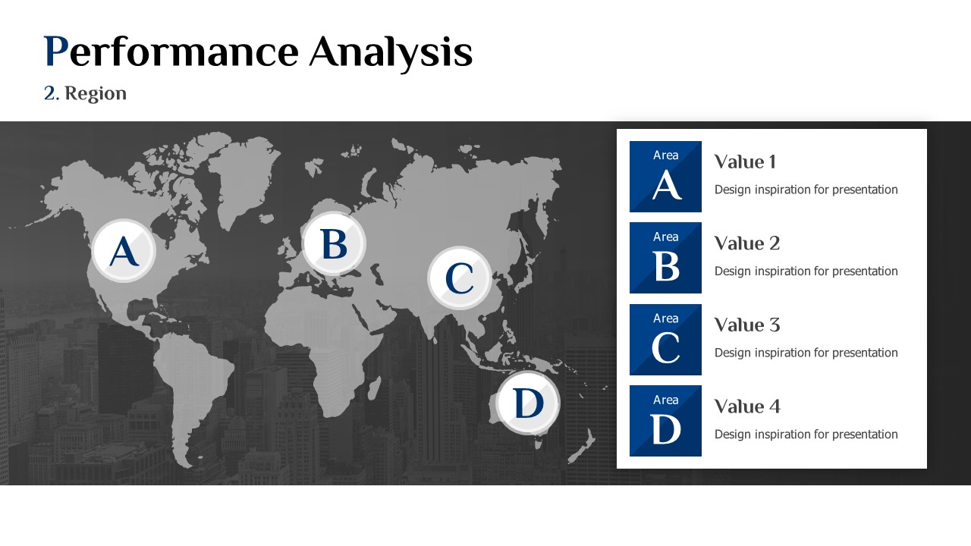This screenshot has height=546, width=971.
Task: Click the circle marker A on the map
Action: (124, 251)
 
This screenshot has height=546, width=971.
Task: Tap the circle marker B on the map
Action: (334, 243)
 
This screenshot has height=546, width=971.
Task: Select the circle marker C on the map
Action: (460, 278)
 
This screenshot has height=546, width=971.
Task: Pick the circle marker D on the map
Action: (527, 403)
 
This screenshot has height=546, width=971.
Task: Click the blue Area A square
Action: (665, 177)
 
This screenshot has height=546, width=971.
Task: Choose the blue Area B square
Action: (665, 258)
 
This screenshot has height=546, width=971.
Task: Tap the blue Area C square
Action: (665, 340)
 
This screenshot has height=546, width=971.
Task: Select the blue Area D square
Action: (665, 421)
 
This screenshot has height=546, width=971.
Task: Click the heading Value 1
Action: (745, 162)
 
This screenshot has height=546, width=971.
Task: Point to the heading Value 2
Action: (747, 243)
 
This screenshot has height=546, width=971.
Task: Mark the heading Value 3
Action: (747, 325)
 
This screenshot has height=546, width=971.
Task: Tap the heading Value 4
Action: (747, 406)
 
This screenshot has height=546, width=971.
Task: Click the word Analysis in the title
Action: (391, 54)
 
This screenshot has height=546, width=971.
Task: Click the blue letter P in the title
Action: (56, 51)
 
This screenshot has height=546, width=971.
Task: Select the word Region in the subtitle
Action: (96, 94)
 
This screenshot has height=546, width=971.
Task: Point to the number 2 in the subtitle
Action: (49, 93)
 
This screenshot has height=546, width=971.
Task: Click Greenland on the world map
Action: (240, 174)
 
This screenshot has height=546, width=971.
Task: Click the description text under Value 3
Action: (806, 353)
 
